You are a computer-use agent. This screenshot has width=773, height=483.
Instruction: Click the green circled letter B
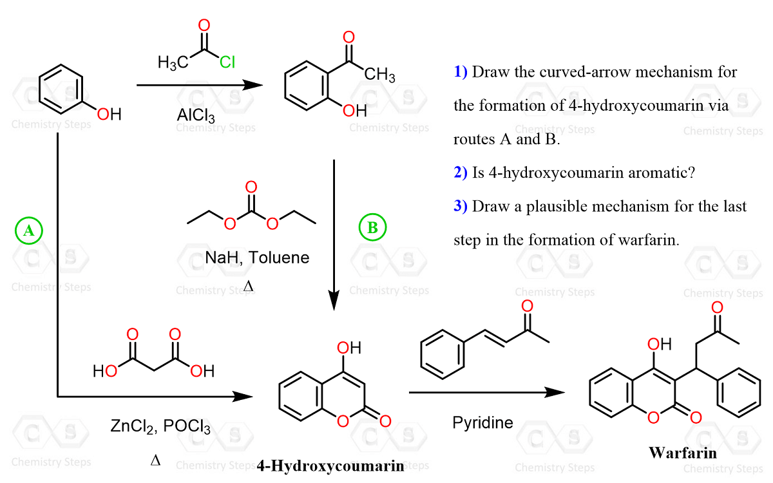[373, 227]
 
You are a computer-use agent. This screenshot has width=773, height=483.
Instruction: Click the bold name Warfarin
[682, 452]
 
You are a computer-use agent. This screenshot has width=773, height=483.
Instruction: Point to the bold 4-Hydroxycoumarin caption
[330, 466]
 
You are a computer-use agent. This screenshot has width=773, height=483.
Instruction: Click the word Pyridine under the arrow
[482, 423]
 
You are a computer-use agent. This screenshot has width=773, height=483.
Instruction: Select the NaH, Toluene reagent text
[257, 258]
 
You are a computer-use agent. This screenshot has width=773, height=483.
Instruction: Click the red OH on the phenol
[110, 115]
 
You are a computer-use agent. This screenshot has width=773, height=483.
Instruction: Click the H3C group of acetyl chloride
[173, 62]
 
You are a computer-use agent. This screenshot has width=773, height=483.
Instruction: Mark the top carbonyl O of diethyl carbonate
[251, 187]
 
